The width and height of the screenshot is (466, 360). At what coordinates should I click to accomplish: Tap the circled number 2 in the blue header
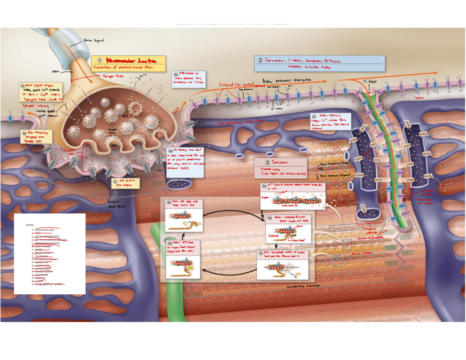tap(260, 60)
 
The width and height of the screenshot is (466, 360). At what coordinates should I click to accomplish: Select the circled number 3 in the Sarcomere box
tap(267, 162)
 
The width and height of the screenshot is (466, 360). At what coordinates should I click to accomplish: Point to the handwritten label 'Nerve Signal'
tap(94, 40)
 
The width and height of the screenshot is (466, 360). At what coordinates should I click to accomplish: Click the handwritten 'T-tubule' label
tap(370, 82)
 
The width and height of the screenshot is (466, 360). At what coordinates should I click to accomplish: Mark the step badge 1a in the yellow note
tap(23, 86)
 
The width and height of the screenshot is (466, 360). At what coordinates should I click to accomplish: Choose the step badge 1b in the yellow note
tap(24, 133)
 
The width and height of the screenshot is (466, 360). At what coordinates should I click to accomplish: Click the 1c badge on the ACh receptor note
tap(115, 181)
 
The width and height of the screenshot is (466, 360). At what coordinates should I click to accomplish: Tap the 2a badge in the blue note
tap(170, 151)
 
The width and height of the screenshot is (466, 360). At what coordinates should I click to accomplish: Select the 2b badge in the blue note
tap(176, 74)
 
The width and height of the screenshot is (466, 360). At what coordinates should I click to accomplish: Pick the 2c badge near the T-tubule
tap(314, 117)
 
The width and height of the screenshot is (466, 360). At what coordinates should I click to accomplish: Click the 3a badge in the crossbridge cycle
tap(264, 186)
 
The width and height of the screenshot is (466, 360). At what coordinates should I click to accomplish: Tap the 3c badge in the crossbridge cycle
tap(261, 253)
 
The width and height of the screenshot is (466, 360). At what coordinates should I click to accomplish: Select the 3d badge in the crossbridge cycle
tap(170, 243)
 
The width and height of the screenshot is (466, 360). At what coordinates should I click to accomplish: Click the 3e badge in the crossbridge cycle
tap(169, 202)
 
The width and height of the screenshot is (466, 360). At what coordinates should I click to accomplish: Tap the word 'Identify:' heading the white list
tap(30, 225)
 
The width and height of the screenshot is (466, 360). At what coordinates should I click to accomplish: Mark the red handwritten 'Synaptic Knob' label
tap(113, 76)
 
